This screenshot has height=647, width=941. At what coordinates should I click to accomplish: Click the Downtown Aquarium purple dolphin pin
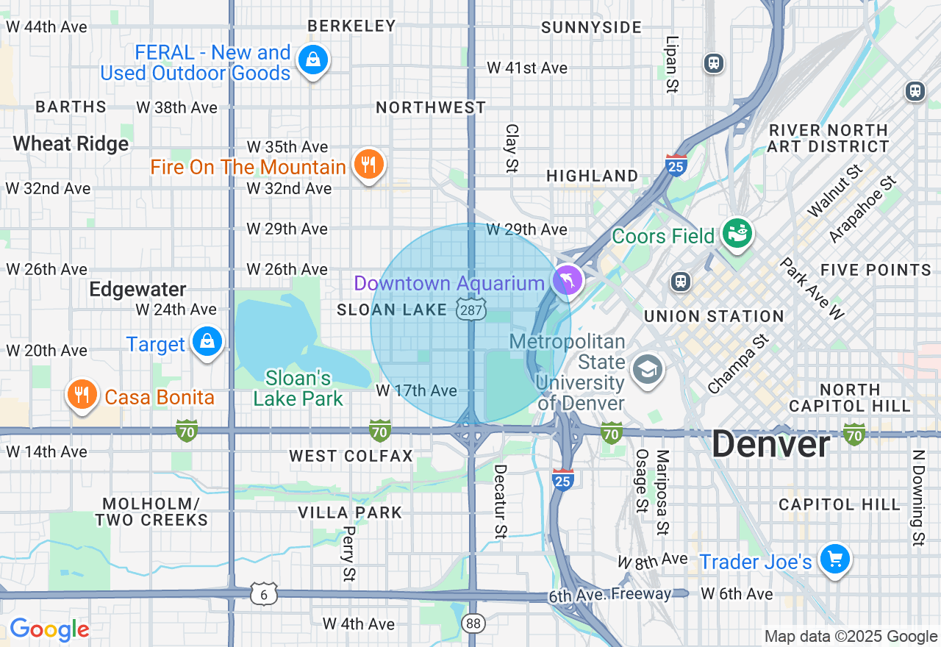568,280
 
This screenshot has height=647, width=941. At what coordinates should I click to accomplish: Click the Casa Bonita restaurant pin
82,396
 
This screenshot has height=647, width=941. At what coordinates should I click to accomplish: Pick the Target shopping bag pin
207,342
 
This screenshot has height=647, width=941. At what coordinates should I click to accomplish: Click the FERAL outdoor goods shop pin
314,61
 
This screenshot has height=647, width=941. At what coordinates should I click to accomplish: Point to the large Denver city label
770,445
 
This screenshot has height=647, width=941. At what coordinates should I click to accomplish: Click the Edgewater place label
137,289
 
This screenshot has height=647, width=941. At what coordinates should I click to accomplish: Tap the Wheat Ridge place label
71,143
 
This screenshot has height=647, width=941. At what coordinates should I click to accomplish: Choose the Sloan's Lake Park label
298,388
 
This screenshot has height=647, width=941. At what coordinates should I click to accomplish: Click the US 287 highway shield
470,309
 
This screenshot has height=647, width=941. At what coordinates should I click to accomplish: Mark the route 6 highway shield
263,593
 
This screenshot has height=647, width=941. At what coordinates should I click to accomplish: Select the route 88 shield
474,623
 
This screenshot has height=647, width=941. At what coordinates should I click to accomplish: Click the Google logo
49,629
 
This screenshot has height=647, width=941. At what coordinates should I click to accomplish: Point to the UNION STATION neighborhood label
713,316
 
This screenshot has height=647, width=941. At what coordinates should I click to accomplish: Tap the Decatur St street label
501,501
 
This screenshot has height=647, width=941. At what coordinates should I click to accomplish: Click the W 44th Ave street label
46,26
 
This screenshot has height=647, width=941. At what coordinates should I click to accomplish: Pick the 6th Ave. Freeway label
609,594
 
